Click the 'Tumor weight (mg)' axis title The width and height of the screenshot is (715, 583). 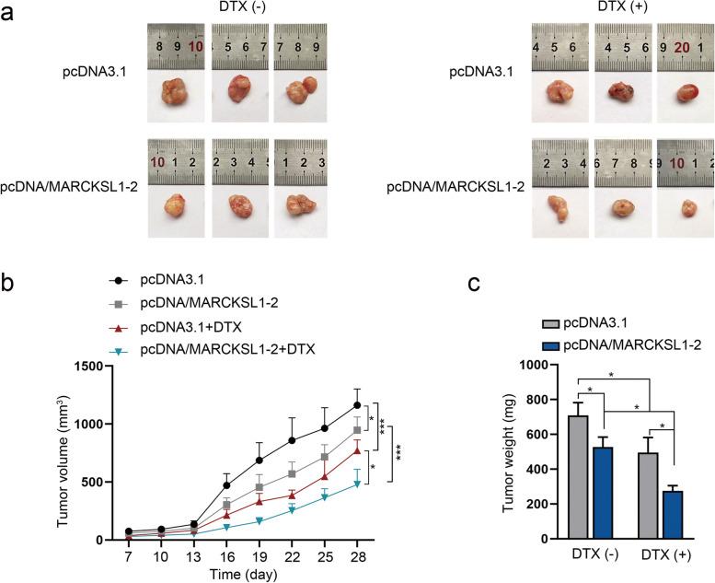511,451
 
